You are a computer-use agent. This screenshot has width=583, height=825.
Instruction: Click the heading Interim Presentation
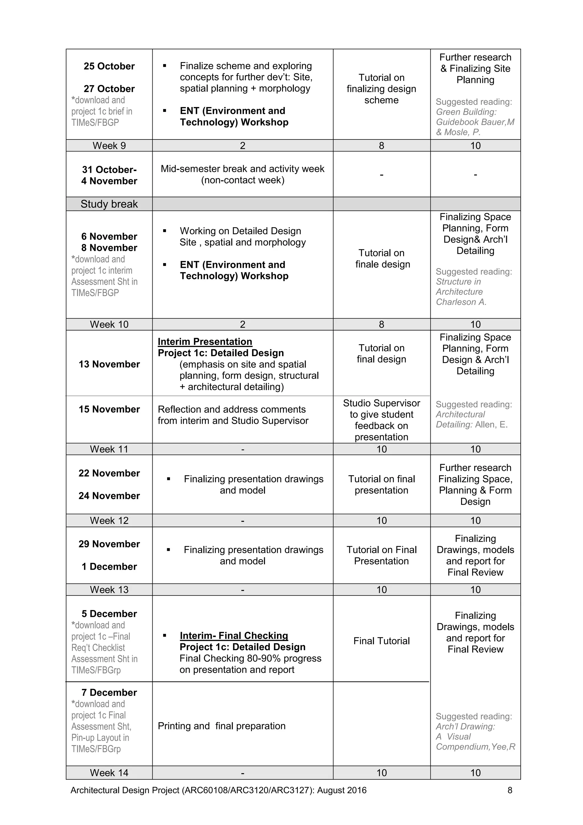pyautogui.click(x=205, y=341)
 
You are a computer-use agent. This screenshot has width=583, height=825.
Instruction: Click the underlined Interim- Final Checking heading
pyautogui.click(x=234, y=635)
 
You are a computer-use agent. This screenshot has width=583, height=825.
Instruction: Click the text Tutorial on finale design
pyautogui.click(x=382, y=258)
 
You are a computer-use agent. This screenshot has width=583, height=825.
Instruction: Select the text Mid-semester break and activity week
pyautogui.click(x=243, y=169)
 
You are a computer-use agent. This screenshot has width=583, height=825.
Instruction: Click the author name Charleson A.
pyautogui.click(x=461, y=302)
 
